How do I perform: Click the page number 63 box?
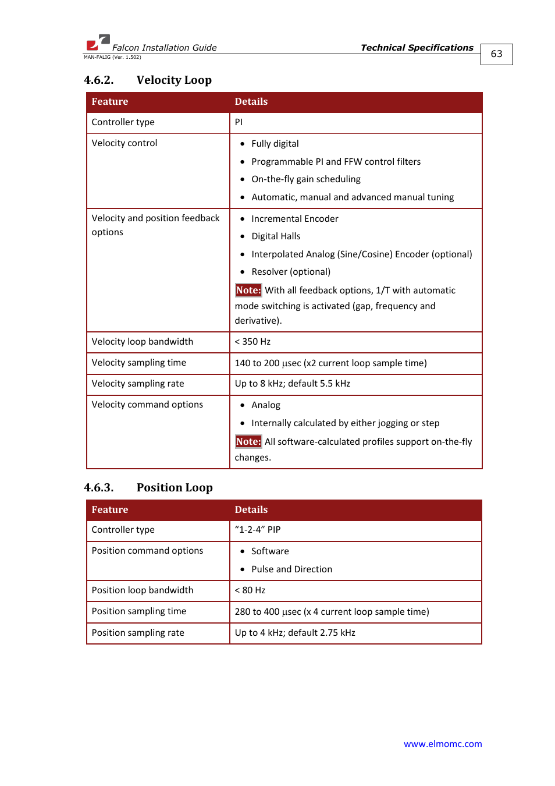coord(496,54)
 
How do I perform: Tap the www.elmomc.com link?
coord(442,743)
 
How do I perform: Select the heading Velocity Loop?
coord(174,80)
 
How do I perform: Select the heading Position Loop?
coord(175,487)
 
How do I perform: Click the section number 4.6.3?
coord(98,487)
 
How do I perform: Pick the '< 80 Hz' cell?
coord(250,590)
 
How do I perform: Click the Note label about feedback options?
coord(248,290)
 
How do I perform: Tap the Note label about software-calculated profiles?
coord(248,441)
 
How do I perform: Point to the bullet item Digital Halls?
coord(276,236)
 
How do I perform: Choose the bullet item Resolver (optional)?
coord(290,272)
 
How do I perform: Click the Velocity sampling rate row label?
coord(138,384)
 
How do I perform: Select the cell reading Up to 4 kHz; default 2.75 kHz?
coord(295,633)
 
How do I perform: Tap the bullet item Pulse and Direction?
coord(291,569)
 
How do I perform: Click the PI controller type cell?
coord(239,122)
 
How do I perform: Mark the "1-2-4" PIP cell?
coord(258,530)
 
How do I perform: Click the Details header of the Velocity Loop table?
coord(251,101)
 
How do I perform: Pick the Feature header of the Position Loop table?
coord(110,509)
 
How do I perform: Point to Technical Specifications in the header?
coord(417,48)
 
